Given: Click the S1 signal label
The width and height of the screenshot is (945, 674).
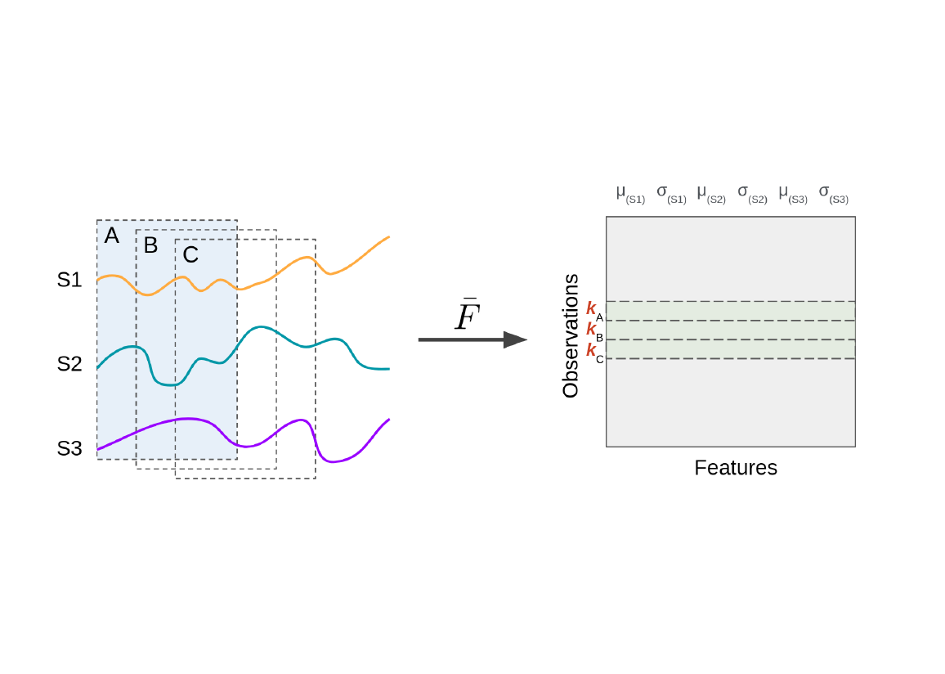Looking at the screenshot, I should click(x=69, y=280).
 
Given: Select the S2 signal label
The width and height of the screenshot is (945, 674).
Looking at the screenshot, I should click(x=69, y=364).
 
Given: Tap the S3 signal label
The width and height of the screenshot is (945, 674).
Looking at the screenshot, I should click(x=69, y=448).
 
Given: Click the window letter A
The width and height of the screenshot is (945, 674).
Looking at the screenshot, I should click(x=112, y=236).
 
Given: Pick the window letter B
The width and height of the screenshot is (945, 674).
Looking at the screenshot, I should click(x=150, y=245).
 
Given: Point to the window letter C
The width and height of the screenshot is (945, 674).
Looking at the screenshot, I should click(x=190, y=255).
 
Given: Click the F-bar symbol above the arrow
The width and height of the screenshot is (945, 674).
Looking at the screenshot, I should click(x=467, y=316).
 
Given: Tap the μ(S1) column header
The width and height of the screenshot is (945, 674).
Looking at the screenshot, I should click(x=630, y=193).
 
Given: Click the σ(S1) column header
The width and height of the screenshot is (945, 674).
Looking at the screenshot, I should click(x=671, y=193).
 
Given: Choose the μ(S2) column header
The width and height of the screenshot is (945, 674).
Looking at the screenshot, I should click(x=711, y=193).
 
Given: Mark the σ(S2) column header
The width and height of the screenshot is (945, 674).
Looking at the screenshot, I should click(x=752, y=193).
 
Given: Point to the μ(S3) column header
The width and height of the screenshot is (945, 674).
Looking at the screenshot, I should click(x=793, y=193).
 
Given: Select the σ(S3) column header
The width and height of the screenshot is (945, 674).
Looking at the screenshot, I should click(x=833, y=193).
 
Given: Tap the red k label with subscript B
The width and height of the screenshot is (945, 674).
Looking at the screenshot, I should click(x=594, y=330).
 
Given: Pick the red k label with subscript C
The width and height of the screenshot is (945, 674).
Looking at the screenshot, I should click(x=594, y=351).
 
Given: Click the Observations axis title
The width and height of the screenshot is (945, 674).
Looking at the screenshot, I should click(x=571, y=336).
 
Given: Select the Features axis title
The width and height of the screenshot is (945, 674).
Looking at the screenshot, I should click(x=736, y=468).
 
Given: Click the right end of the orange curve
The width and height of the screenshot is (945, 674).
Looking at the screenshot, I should click(x=388, y=237).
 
